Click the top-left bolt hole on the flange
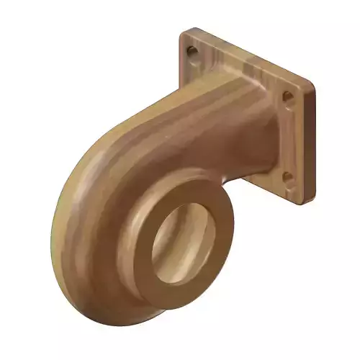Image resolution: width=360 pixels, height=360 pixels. [x=192, y=52]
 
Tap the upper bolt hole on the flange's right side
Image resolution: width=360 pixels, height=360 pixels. [x=287, y=96]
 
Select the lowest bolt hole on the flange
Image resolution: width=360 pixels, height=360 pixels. [x=287, y=176]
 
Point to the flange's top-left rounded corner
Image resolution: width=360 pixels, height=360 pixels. [x=184, y=34]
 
